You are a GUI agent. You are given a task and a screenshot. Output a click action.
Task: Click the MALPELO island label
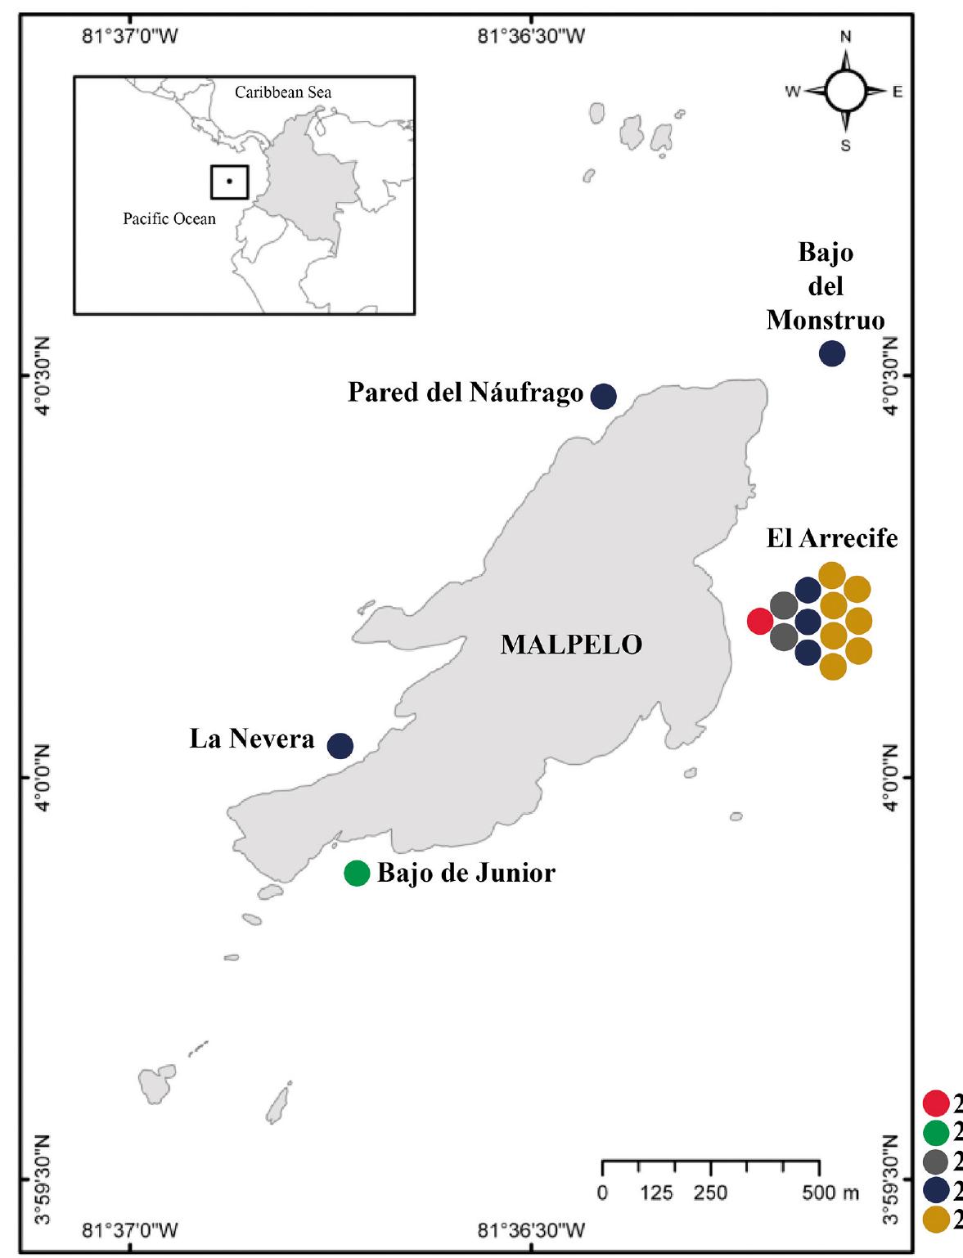click(571, 645)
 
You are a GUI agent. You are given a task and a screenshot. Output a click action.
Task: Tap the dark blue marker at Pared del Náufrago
click(604, 396)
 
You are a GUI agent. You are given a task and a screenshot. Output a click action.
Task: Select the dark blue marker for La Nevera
click(340, 745)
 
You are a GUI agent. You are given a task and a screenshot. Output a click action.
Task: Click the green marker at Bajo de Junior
click(357, 874)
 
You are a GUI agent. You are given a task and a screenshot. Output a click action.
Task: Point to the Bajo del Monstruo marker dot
click(832, 353)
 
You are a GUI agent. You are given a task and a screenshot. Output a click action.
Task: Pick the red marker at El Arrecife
click(760, 621)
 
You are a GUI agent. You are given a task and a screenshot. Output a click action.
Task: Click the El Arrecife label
click(831, 539)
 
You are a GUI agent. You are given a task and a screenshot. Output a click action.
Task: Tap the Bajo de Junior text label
click(466, 874)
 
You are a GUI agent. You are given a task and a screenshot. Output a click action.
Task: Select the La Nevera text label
click(252, 739)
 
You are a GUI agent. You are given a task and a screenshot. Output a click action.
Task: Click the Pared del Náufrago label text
click(466, 393)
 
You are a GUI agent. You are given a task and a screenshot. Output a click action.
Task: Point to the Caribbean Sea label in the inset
click(283, 92)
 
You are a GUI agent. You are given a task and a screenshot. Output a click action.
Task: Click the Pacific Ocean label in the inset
click(169, 219)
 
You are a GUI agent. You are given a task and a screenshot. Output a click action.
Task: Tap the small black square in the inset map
click(229, 182)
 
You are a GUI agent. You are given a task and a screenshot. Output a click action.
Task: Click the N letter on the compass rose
click(846, 37)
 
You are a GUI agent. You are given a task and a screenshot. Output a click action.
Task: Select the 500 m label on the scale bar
click(830, 1193)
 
